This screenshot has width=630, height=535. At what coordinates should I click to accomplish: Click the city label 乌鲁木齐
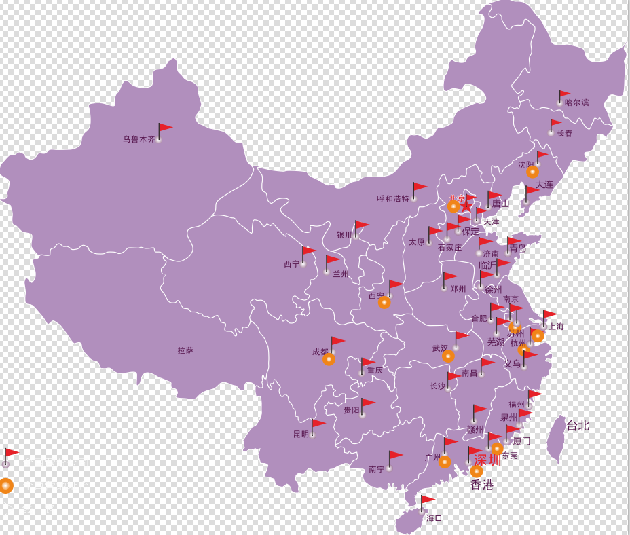[138, 139]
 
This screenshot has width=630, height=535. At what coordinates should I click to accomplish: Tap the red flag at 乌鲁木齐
[164, 129]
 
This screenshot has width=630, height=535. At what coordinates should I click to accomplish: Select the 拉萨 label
[185, 350]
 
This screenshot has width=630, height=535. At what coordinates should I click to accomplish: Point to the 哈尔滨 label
[576, 103]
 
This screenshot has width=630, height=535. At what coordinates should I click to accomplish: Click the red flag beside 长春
[555, 124]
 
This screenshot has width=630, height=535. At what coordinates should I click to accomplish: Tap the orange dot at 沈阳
[532, 172]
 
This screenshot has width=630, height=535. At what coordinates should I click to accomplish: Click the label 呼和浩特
[393, 199]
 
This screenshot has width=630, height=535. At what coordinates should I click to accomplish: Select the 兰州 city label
[340, 274]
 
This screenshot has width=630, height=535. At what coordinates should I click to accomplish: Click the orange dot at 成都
[329, 358]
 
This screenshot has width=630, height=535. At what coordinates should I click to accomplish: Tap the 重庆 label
[375, 371]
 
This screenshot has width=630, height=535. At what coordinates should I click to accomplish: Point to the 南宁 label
[376, 469]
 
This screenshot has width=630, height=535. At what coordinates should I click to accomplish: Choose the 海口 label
[434, 518]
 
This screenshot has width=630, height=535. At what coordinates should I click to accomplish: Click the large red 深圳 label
[487, 460]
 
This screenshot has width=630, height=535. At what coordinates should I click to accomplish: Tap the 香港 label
[482, 485]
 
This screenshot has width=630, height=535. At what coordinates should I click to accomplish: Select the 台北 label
[578, 426]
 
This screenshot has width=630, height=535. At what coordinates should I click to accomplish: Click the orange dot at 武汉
[448, 356]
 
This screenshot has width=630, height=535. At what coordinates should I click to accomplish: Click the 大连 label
[544, 184]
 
